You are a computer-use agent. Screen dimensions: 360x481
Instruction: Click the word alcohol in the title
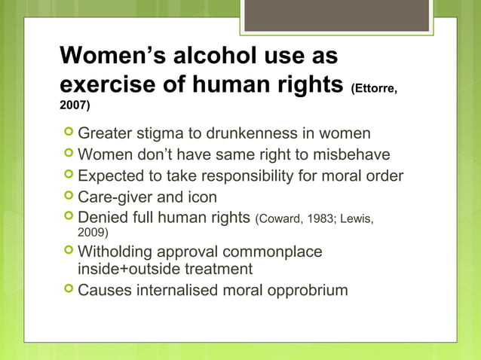click(212, 56)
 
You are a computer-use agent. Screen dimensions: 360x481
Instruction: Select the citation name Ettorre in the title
click(373, 89)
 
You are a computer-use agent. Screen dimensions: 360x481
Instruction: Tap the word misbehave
click(353, 155)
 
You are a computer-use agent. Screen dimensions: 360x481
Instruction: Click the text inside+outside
click(127, 268)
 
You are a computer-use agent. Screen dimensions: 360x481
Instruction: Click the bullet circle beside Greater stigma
click(69, 133)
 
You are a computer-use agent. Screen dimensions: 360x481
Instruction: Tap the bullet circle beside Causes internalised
click(69, 289)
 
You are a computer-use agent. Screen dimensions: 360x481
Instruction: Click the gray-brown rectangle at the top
click(335, 15)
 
